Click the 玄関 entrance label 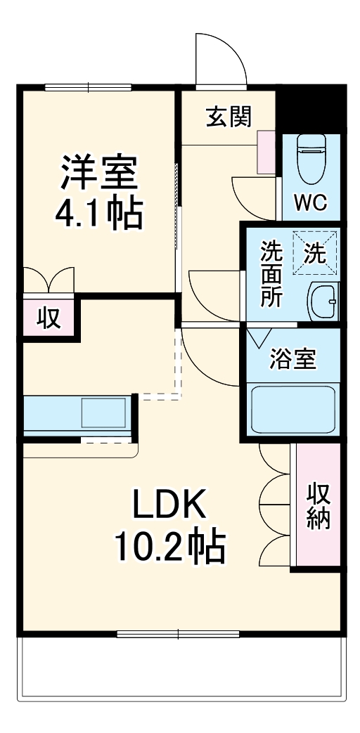coord(229,117)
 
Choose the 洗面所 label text coord(271,274)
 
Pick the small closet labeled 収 coord(47,318)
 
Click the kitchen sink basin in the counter coord(103,413)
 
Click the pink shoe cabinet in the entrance coord(266,152)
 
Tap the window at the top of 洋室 coord(89,88)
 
